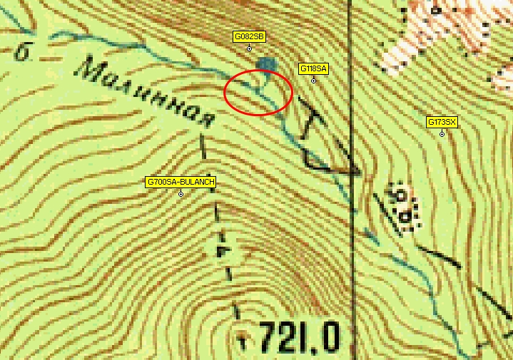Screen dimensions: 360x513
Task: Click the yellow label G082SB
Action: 249,36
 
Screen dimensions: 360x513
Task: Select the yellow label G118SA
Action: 313,68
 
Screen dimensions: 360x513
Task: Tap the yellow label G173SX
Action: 442,122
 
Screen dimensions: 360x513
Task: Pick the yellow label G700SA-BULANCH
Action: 181,182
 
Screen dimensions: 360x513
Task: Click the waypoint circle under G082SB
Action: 249,48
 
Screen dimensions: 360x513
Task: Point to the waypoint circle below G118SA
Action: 313,81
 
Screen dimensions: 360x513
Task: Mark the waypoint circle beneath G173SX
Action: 442,134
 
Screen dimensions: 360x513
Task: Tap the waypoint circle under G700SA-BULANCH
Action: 181,194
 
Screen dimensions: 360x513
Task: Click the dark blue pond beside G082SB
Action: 267,65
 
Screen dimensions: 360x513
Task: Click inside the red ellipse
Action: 258,93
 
